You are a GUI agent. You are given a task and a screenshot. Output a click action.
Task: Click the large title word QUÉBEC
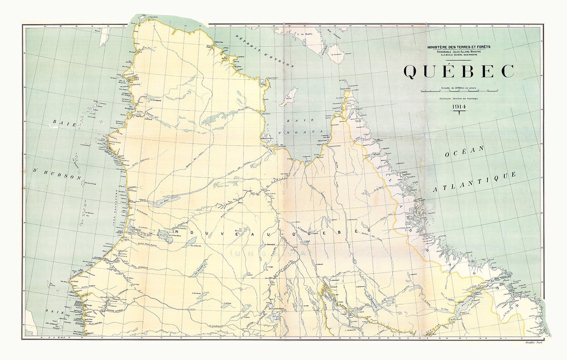[x=459, y=71]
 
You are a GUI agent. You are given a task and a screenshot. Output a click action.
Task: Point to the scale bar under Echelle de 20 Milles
[x=459, y=92]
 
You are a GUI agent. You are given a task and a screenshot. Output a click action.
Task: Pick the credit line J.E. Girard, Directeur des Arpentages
[x=459, y=98]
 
